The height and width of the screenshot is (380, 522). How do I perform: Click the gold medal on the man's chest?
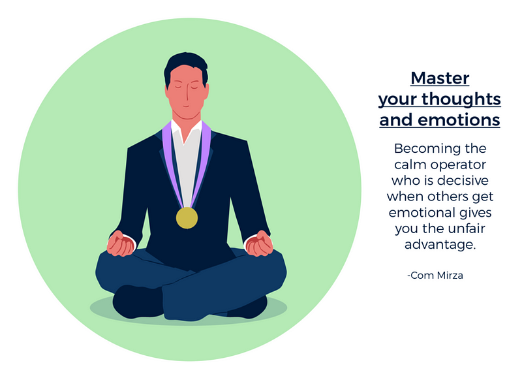point(187,218)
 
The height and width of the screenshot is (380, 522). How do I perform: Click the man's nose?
point(187,95)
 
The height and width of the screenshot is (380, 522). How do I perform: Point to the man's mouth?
point(186,106)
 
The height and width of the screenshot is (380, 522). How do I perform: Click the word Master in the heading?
point(440,78)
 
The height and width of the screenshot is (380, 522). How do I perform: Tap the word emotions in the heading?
point(459,120)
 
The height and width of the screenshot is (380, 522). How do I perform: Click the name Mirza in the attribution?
point(450,276)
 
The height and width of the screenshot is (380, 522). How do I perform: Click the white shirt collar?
point(187,131)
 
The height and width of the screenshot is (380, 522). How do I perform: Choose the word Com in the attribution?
point(422,276)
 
